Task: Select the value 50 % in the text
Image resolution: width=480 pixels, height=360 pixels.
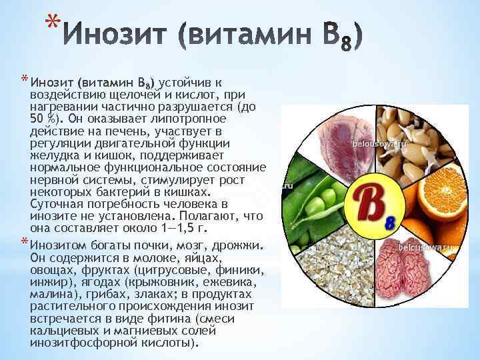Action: coord(43,119)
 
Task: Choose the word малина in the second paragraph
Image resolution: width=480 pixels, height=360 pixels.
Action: coord(52,295)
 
